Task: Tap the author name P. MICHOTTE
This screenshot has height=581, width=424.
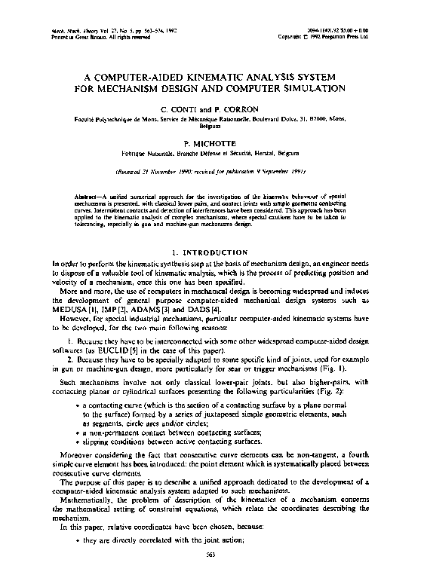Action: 212,142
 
